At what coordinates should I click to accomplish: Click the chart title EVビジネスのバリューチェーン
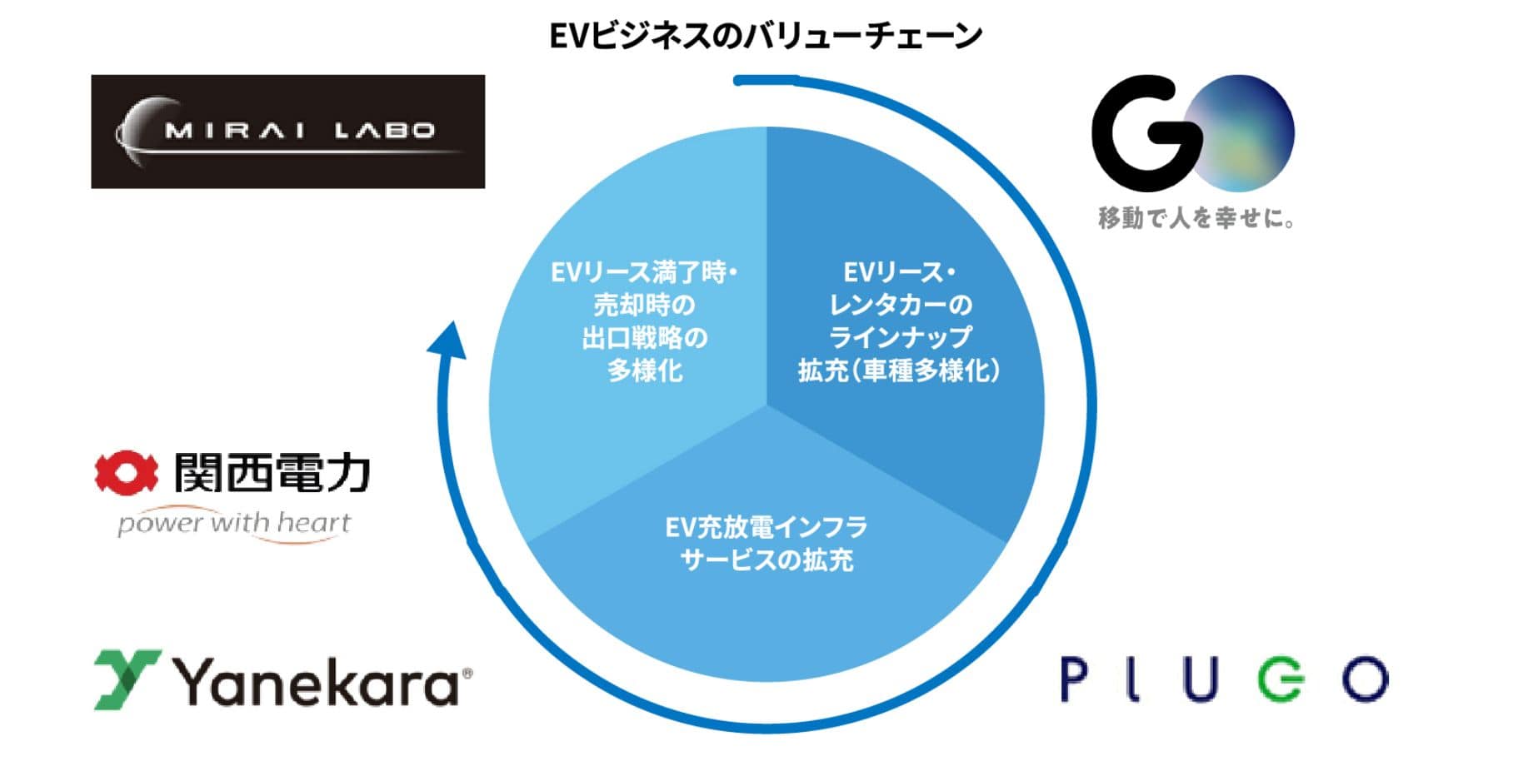766,36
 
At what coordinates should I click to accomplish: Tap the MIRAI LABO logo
287,132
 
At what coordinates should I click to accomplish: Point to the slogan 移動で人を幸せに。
1196,218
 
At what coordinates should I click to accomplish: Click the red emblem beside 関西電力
125,473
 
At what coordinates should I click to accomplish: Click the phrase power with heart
234,524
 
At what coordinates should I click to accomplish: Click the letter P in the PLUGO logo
1074,679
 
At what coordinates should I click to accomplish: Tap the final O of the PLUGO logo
1366,679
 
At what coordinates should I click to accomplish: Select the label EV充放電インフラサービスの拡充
766,543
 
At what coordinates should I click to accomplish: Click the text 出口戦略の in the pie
645,338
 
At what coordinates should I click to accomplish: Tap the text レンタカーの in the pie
900,305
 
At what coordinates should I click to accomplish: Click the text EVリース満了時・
644,272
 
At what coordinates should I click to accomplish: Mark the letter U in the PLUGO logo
1200,679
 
